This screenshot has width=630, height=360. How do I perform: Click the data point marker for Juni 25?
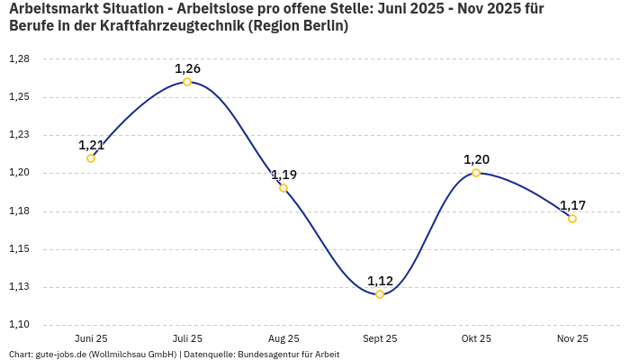[91, 158]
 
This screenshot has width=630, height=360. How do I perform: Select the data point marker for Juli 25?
[187, 82]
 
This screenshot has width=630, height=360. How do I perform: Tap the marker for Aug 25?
[283, 188]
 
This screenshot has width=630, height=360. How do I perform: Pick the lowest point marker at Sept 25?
[380, 294]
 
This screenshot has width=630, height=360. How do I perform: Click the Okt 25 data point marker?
[476, 173]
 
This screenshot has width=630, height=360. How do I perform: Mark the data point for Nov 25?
[572, 219]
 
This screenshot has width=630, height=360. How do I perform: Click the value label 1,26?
[187, 68]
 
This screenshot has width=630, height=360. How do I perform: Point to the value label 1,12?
[380, 281]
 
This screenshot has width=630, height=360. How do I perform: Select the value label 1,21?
[91, 145]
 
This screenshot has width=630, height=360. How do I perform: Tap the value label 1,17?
[572, 205]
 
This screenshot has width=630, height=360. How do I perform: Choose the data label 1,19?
[283, 175]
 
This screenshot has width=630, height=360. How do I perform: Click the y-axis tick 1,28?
[19, 58]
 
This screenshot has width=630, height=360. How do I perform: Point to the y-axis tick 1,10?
[19, 325]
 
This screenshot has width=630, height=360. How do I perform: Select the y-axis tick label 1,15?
[19, 249]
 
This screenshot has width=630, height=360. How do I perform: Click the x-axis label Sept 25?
[380, 338]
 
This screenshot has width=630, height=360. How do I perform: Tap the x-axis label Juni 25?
[91, 338]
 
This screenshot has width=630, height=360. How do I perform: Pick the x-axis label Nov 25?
[572, 338]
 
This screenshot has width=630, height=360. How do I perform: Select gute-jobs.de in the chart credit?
[61, 355]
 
